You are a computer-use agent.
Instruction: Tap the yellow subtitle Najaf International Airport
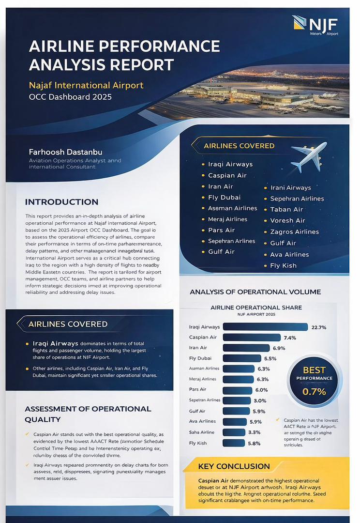coord(86,85)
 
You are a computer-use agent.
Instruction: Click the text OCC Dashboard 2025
coord(70,97)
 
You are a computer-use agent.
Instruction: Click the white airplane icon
coord(308,156)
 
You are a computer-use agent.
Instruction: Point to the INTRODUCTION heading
coord(61,202)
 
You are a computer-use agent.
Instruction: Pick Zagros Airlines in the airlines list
coord(294,232)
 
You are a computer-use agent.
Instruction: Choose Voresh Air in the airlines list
coord(288,220)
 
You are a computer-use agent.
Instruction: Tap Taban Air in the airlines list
coord(286,209)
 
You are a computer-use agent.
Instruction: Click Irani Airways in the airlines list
coord(290,188)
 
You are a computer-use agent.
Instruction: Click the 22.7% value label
coord(318,327)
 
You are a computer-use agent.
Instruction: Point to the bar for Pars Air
coord(238,390)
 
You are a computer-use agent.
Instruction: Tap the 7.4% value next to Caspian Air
coord(290,338)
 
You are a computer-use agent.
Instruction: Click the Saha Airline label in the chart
coord(201,432)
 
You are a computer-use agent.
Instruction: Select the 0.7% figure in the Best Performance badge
coord(314,391)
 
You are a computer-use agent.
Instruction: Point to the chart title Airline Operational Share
coord(256,308)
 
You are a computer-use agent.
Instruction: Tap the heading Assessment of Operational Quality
coord(88,414)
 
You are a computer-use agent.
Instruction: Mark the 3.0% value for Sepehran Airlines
coord(260,400)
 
